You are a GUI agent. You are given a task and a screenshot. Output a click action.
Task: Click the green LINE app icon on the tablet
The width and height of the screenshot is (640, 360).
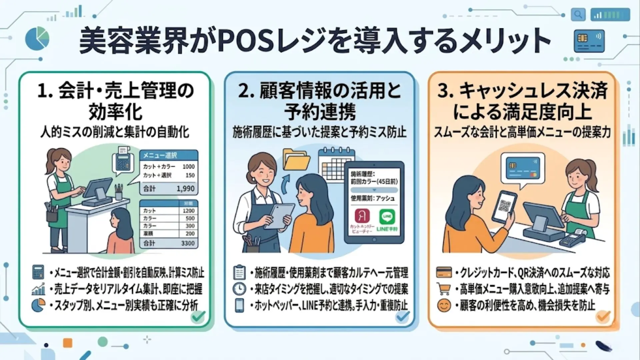[387, 217]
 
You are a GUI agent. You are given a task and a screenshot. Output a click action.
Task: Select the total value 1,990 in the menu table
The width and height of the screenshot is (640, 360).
[185, 189]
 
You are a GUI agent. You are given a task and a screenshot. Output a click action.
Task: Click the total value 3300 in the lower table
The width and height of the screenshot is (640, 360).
[188, 243]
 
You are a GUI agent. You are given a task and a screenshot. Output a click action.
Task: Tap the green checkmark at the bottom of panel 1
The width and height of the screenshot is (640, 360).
[198, 316]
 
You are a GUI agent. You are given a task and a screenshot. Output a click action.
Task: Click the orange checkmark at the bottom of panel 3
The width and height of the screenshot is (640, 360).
[603, 316]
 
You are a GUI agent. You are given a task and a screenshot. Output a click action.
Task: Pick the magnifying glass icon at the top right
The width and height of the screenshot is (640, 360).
[578, 15]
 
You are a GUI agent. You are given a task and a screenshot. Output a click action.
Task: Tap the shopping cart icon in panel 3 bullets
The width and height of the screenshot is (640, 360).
[444, 289]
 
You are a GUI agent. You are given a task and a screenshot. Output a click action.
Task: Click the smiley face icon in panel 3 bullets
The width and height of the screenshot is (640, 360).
[444, 305]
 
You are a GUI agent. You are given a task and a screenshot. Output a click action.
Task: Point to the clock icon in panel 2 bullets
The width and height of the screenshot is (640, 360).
[239, 289]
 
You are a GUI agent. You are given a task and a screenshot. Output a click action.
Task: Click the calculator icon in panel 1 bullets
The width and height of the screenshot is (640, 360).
[38, 272]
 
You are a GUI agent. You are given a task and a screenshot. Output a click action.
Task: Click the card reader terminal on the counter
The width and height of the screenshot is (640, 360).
[572, 238]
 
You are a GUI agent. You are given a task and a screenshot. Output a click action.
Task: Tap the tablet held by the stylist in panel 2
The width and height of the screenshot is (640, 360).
[279, 216]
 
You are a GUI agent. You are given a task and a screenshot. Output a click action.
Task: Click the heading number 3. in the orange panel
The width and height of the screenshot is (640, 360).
[445, 91]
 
